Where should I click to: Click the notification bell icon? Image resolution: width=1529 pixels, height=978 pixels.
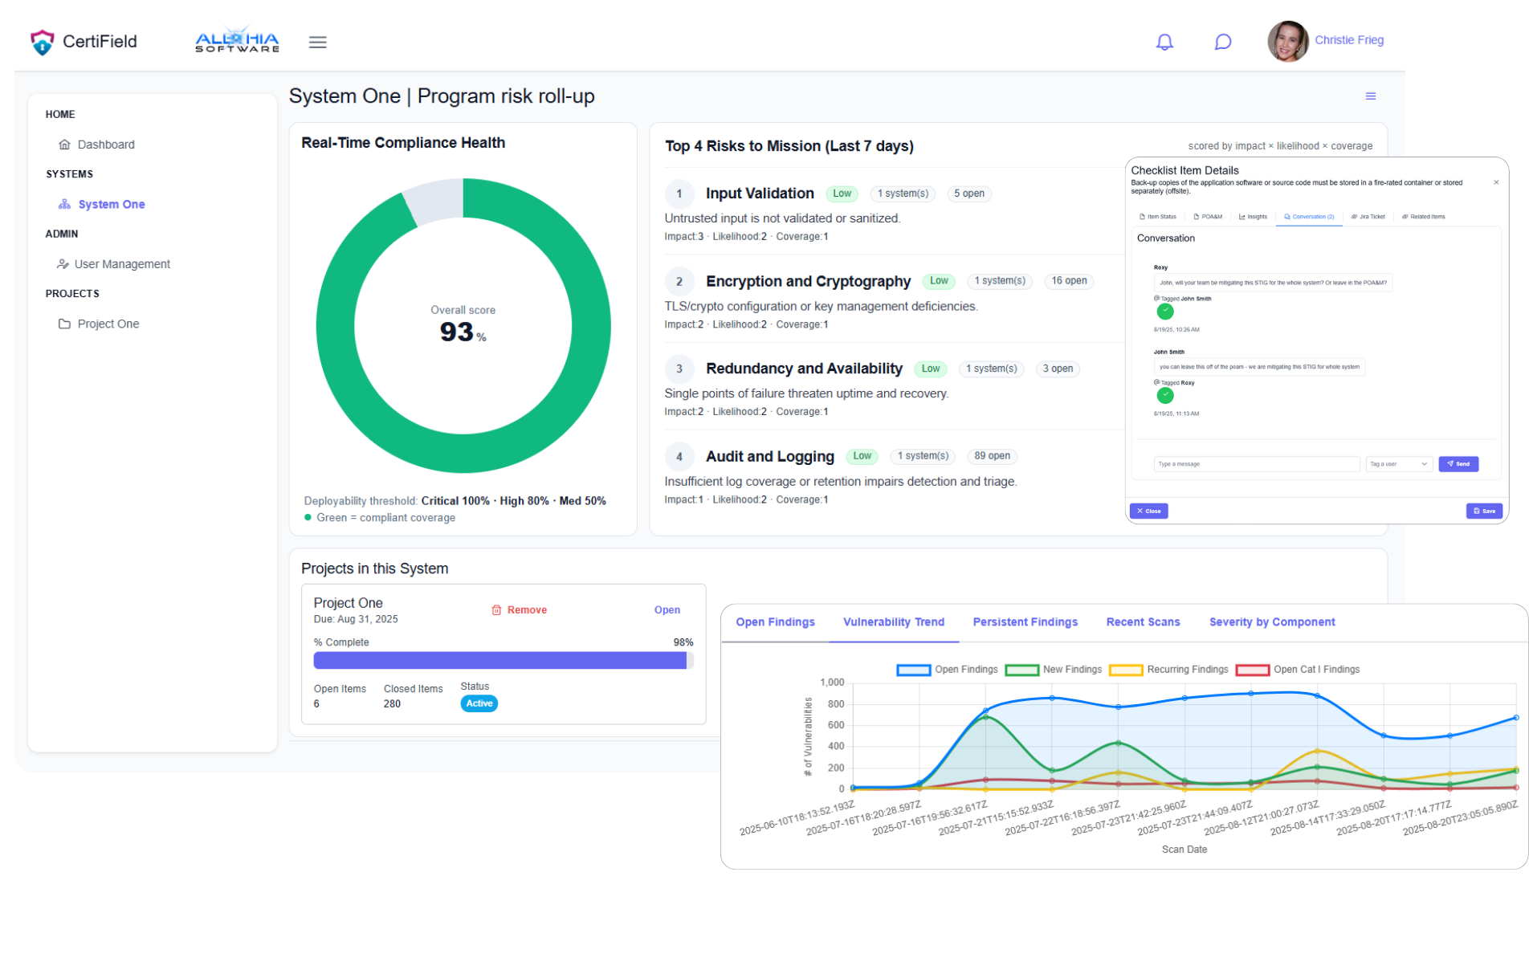click(1164, 42)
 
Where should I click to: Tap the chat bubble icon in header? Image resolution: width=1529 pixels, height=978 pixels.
click(1222, 42)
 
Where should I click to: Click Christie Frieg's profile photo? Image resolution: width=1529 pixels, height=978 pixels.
click(1287, 42)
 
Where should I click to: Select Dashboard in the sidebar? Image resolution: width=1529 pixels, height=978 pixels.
click(106, 145)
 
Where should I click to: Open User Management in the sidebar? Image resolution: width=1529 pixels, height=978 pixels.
click(122, 264)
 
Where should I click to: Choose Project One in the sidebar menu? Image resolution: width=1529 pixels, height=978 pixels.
click(108, 324)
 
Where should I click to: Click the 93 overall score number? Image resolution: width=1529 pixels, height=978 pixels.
click(457, 332)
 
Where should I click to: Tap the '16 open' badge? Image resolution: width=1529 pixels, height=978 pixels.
click(1069, 281)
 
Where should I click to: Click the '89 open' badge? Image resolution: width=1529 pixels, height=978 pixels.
click(992, 456)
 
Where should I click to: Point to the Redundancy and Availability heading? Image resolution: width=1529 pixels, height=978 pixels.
click(804, 369)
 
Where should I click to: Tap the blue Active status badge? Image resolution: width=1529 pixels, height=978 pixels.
click(479, 703)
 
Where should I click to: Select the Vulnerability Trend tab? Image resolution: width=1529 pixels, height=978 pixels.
click(894, 622)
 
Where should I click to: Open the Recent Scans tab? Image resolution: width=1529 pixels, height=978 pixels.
click(1143, 622)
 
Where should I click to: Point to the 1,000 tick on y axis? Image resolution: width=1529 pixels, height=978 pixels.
click(832, 683)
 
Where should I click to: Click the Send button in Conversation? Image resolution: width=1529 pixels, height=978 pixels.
click(1458, 464)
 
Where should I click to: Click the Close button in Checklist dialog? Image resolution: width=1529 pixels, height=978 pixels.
click(1148, 511)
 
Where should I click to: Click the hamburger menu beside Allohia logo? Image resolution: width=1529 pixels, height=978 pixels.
click(318, 43)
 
